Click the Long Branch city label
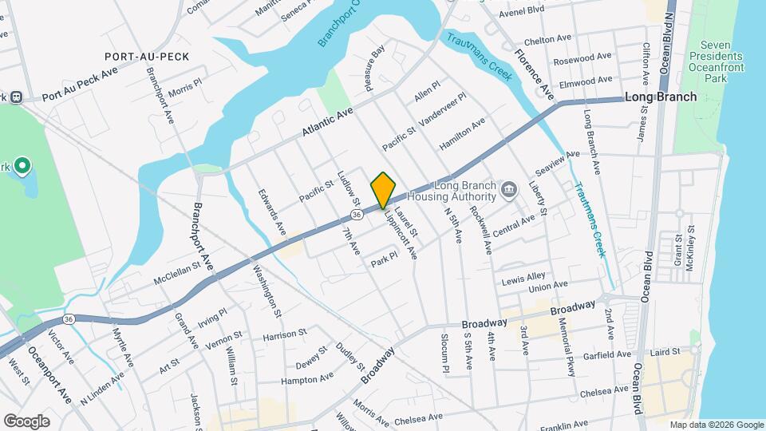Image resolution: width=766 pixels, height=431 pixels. pyautogui.click(x=661, y=97)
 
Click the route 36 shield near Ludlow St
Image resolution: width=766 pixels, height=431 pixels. pyautogui.click(x=357, y=215)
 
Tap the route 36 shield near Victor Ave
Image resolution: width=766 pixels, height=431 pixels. pyautogui.click(x=69, y=319)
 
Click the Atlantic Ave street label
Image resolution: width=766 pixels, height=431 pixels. pyautogui.click(x=327, y=122)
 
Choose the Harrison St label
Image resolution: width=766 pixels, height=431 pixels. pyautogui.click(x=285, y=334)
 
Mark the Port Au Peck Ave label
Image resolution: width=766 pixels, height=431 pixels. pyautogui.click(x=80, y=83)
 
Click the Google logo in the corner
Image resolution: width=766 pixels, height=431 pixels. pyautogui.click(x=27, y=421)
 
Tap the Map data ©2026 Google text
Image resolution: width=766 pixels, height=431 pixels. pyautogui.click(x=716, y=425)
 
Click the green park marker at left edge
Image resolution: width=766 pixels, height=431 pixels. pyautogui.click(x=23, y=167)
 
